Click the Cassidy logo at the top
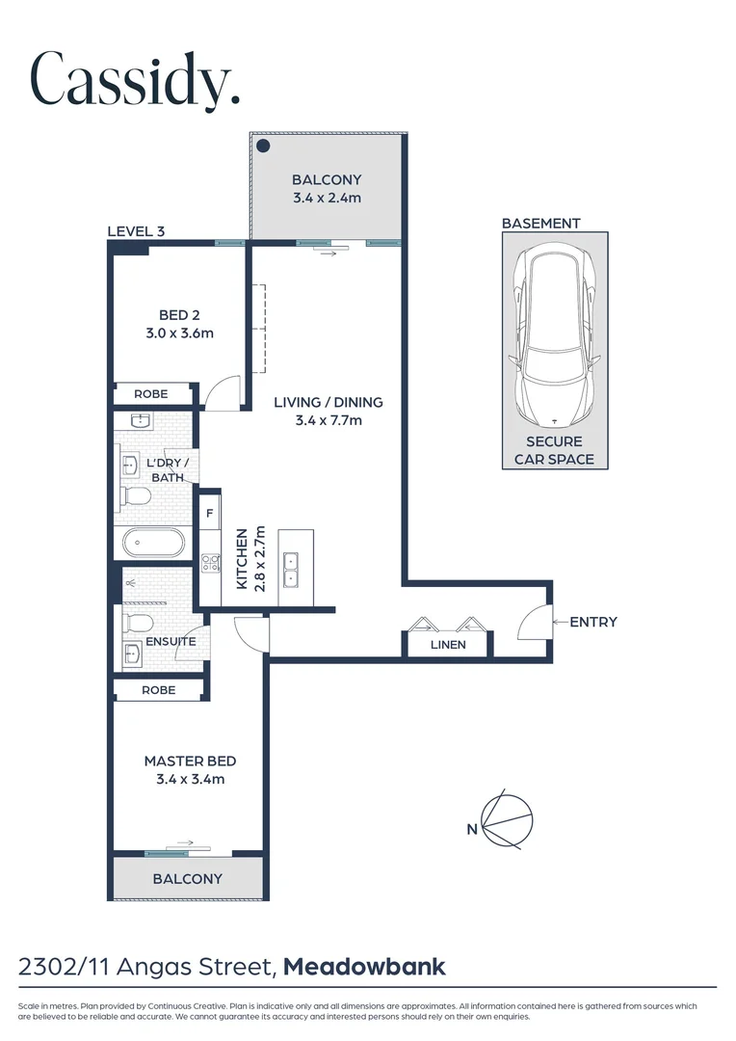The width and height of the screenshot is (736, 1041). click(134, 79)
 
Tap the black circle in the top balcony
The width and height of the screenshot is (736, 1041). click(262, 146)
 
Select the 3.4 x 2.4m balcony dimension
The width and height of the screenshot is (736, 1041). click(327, 198)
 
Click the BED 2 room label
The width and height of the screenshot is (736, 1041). click(178, 315)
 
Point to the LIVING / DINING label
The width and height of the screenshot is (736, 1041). click(328, 402)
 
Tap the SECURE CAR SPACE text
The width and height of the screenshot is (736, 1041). click(554, 450)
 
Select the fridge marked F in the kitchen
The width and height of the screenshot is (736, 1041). click(209, 514)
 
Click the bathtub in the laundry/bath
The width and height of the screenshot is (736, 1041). click(152, 542)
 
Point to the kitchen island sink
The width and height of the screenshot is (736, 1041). click(291, 570)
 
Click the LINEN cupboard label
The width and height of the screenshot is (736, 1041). click(448, 645)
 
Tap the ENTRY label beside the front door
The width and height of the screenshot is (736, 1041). click(592, 622)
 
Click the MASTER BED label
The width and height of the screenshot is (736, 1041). click(190, 761)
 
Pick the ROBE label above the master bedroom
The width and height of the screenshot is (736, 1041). click(158, 690)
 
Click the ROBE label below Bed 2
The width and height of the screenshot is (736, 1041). click(150, 394)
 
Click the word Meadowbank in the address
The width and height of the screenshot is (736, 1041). click(364, 966)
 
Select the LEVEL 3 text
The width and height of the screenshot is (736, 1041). click(135, 230)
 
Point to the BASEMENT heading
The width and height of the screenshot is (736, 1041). click(540, 223)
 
